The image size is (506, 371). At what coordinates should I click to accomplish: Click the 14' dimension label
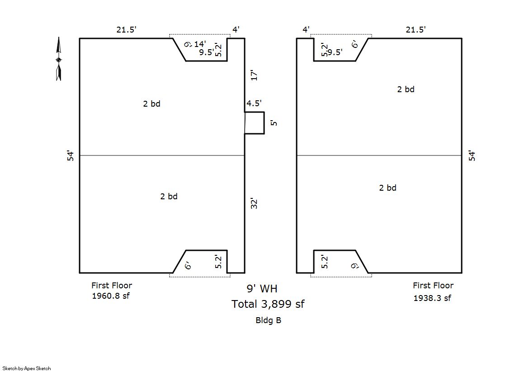[x=200, y=44]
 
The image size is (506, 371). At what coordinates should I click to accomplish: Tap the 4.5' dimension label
[x=254, y=103]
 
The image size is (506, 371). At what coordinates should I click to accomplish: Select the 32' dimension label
[x=254, y=204]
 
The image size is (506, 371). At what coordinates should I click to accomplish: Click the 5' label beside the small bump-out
[x=273, y=123]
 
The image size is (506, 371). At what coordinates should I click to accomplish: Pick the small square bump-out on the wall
[x=255, y=123]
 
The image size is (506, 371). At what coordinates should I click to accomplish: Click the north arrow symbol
[x=58, y=60]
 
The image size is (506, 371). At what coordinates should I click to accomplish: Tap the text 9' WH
[x=262, y=289]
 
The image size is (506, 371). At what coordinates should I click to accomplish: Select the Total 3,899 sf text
[x=268, y=304]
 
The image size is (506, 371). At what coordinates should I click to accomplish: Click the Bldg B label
[x=268, y=320]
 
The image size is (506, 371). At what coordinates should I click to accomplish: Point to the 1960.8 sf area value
[x=110, y=296]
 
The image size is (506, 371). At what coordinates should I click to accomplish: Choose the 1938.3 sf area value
[x=432, y=298]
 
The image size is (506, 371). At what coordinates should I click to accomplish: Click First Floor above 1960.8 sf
[x=112, y=285]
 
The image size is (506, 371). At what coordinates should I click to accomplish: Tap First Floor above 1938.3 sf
[x=433, y=286]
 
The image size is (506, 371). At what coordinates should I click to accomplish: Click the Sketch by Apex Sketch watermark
[x=26, y=368]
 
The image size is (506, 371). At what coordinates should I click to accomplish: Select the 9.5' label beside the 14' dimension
[x=207, y=52]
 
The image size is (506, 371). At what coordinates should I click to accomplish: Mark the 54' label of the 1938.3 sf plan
[x=472, y=155]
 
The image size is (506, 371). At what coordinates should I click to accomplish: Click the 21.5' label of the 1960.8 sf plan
[x=126, y=30]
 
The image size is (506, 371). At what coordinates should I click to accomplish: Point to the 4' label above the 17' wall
[x=236, y=30]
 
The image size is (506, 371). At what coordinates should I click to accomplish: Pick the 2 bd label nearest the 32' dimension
[x=169, y=196]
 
